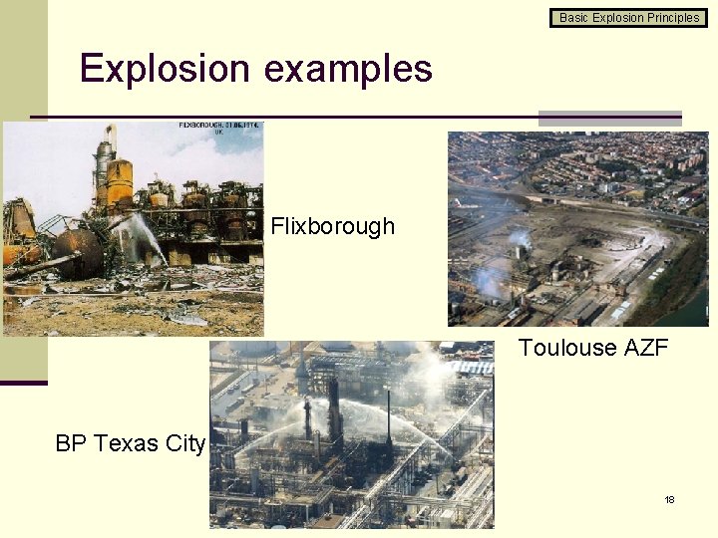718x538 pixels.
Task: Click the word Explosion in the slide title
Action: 165,69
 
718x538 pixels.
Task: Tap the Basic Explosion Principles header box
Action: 629,17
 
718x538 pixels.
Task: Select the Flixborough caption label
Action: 332,226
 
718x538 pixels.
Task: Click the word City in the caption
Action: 184,443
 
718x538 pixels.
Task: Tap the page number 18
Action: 669,499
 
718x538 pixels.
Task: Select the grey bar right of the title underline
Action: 609,118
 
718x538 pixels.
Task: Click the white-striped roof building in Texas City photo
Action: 469,368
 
